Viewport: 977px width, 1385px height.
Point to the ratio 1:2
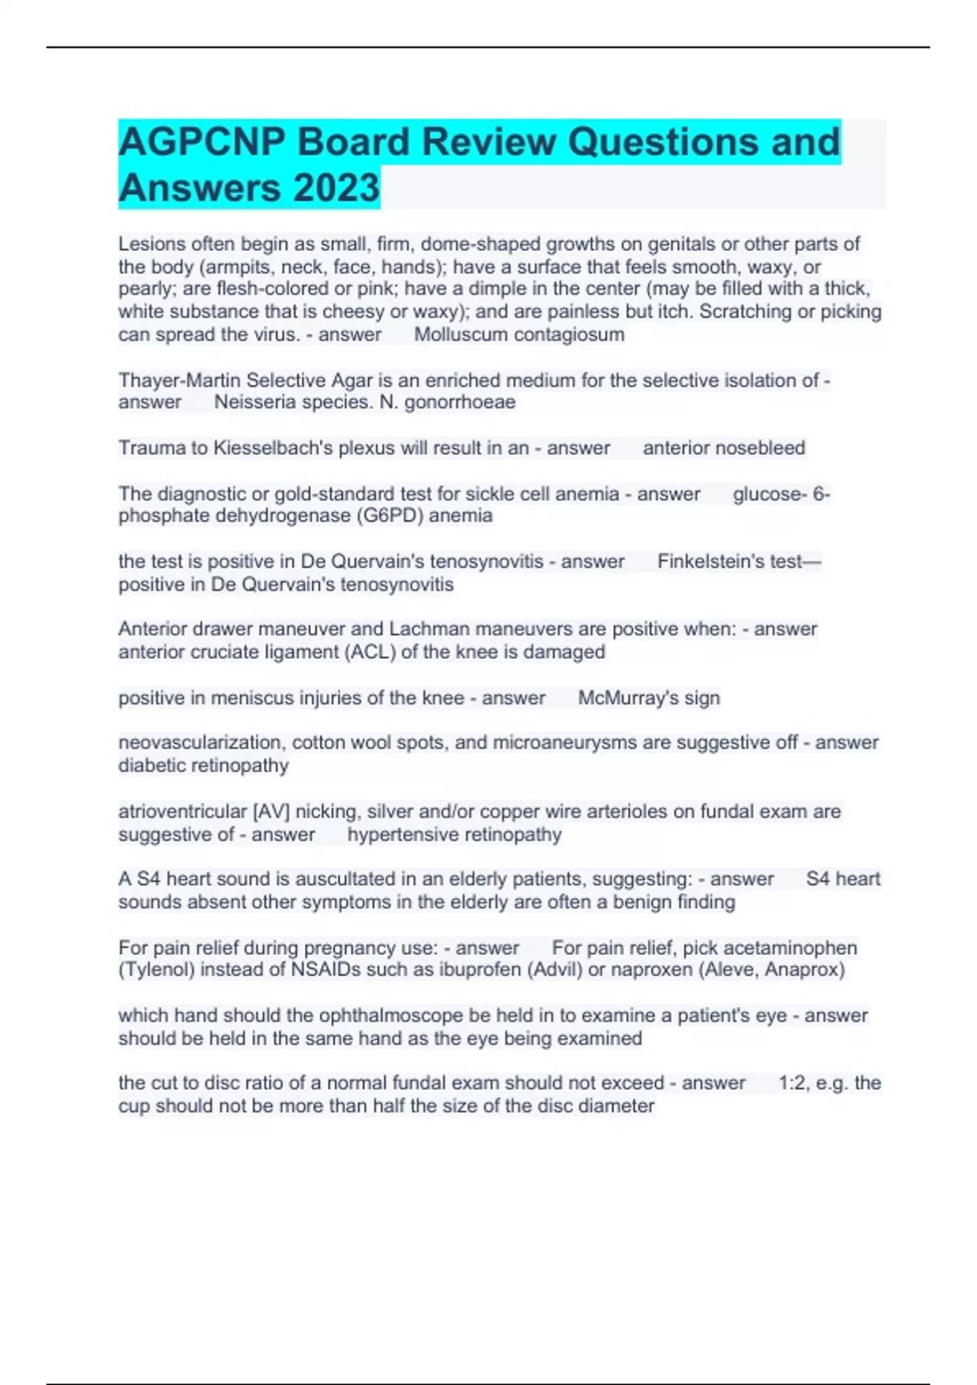click(791, 1084)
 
